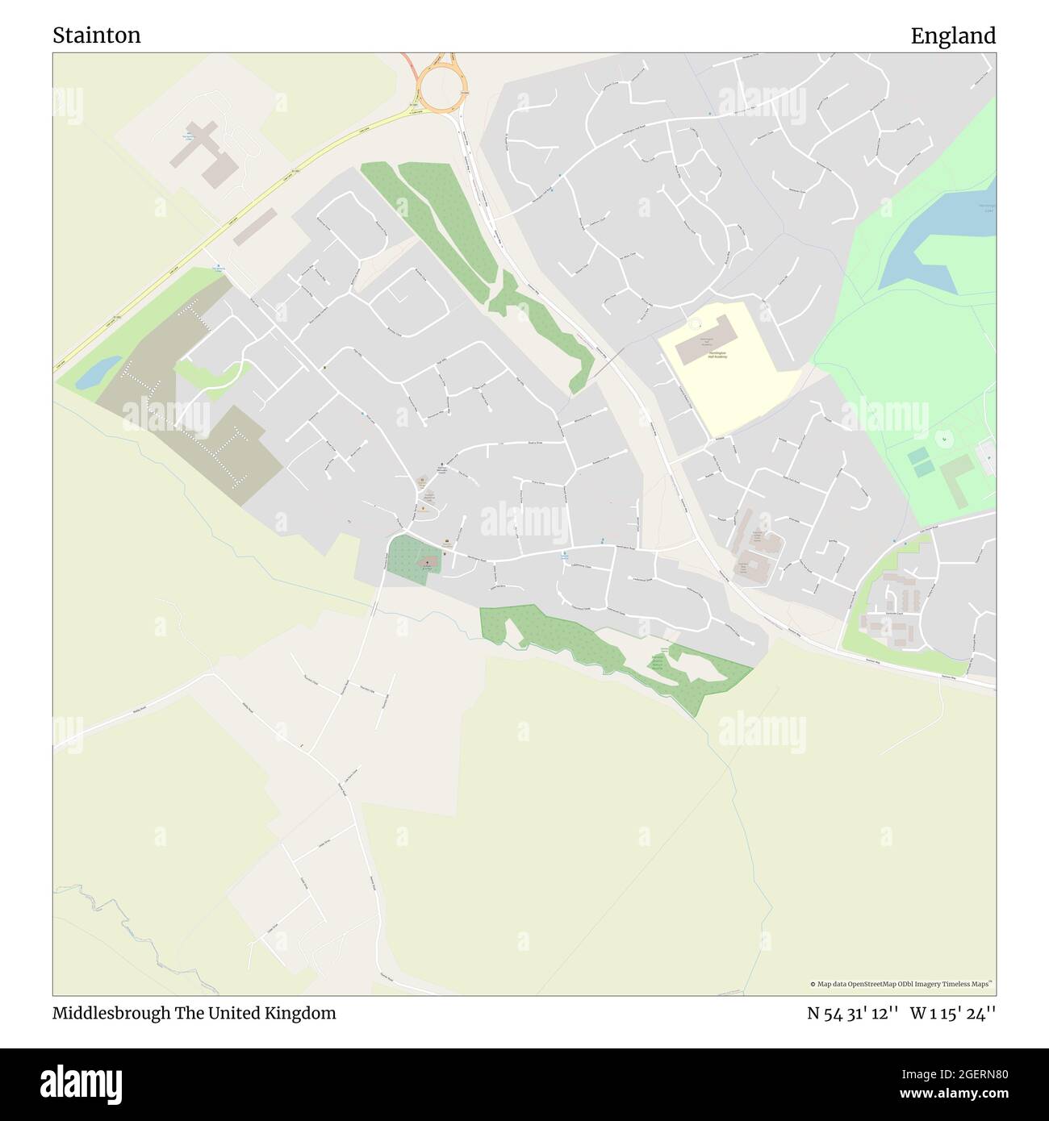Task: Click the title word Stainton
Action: tap(97, 35)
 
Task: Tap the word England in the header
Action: tap(953, 35)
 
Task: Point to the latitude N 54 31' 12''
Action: tap(853, 1013)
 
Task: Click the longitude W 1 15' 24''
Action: tap(953, 1013)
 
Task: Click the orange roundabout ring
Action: tap(439, 82)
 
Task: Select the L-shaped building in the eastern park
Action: tap(958, 479)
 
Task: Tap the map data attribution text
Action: tap(902, 984)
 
